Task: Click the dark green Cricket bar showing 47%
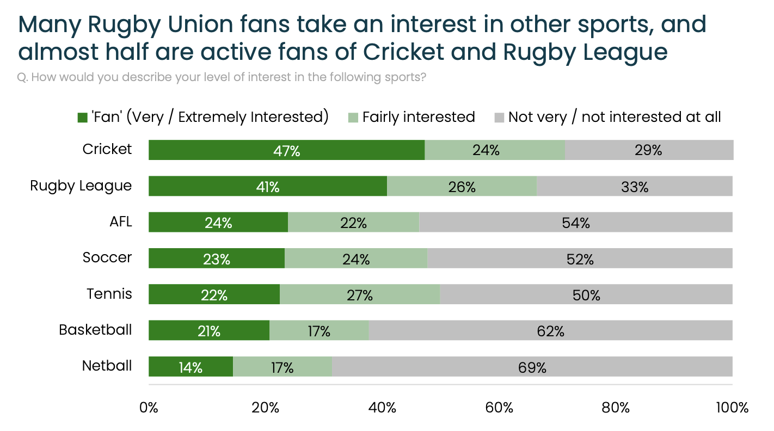pos(286,150)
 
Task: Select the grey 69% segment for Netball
pos(532,367)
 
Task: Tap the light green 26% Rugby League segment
pos(462,186)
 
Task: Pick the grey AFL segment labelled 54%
pos(576,222)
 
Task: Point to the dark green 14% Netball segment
pos(191,367)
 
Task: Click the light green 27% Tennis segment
pos(360,294)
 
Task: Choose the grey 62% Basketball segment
pos(550,330)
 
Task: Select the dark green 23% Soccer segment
pos(217,258)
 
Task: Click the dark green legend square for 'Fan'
pos(83,118)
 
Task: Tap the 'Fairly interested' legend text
pos(418,117)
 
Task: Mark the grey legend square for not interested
pos(499,118)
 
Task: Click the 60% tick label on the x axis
pos(499,408)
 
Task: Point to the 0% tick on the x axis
pos(149,408)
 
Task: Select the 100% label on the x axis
pos(732,408)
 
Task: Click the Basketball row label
pos(95,330)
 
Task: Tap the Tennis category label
pos(109,294)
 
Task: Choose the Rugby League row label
pos(81,186)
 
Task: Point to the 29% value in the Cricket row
pos(648,150)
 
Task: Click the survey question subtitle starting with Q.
pos(222,77)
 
